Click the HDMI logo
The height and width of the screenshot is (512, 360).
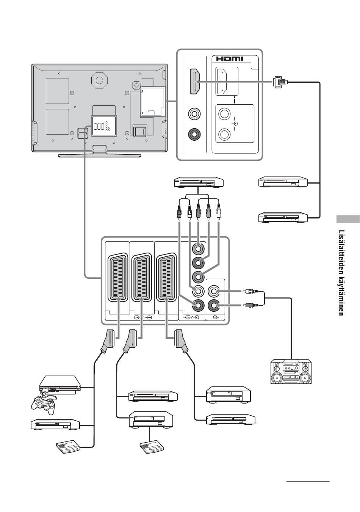point(230,59)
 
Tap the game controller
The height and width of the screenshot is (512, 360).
point(44,405)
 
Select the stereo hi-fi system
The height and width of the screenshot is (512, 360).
point(291,371)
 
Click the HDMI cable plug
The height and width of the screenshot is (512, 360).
point(280,82)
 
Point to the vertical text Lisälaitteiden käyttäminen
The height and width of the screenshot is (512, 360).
point(341,273)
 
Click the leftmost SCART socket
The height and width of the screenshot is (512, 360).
point(117,277)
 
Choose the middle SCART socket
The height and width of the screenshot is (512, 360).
point(142,277)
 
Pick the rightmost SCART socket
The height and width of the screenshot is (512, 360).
point(166,277)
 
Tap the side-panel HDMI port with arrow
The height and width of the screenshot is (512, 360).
point(195,82)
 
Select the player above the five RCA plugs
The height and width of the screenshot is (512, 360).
point(199,182)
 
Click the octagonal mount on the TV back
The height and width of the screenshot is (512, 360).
point(99,80)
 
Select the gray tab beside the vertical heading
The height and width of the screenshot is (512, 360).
point(348,219)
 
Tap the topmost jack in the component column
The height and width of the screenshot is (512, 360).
point(198,248)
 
